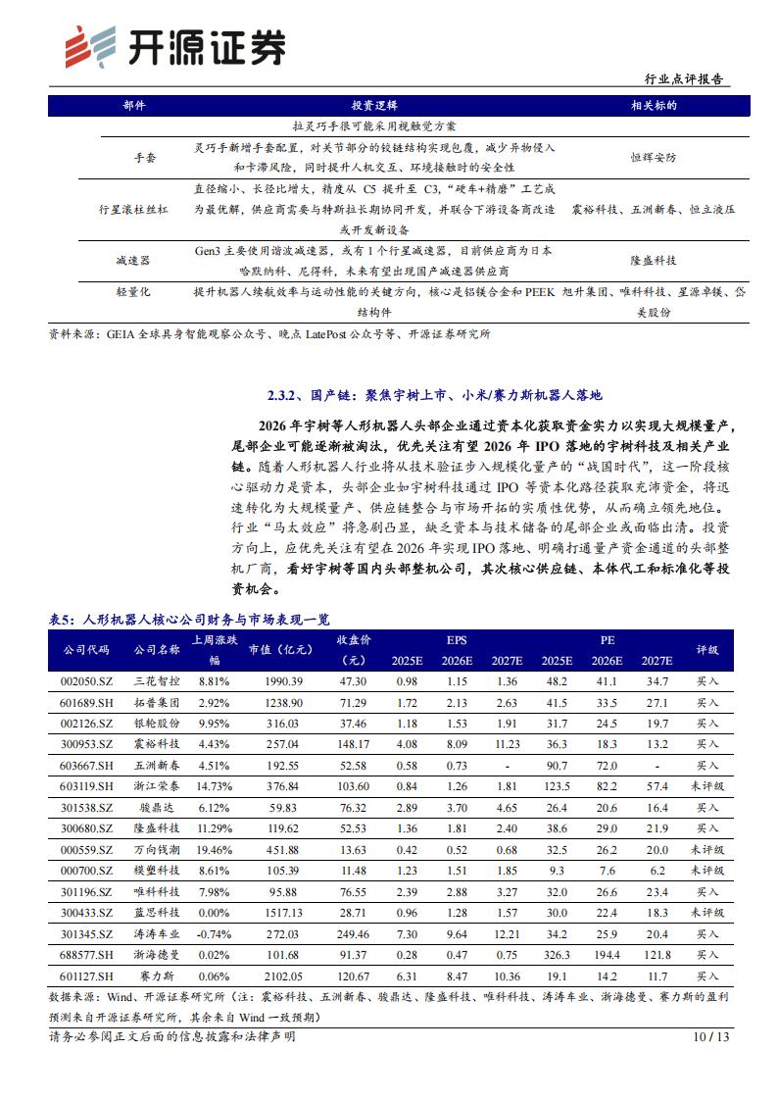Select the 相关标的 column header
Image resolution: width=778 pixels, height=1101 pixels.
tap(655, 105)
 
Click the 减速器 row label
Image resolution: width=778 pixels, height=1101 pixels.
tap(132, 261)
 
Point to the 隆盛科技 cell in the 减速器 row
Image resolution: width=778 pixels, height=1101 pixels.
tap(654, 261)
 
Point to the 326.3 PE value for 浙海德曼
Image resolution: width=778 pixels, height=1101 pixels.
tap(557, 956)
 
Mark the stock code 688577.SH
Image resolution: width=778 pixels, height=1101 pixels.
tap(86, 956)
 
